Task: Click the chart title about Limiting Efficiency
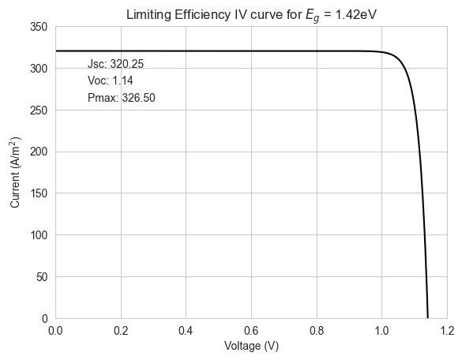tap(251, 15)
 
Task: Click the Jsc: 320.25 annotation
tap(115, 64)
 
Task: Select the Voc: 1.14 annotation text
tap(111, 81)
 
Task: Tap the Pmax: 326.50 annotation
tap(122, 98)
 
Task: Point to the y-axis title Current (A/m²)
tap(15, 172)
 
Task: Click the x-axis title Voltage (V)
tap(251, 346)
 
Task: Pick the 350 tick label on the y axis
tap(39, 27)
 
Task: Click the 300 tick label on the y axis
tap(39, 69)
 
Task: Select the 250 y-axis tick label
tap(39, 111)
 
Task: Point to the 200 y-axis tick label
tap(39, 152)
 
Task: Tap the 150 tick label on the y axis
tap(39, 193)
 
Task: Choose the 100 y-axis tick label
tap(39, 235)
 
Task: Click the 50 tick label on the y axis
tap(42, 277)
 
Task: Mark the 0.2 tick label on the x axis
tap(121, 331)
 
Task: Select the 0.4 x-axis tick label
tap(186, 331)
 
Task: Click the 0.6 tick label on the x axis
tap(251, 331)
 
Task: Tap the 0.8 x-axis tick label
tap(317, 331)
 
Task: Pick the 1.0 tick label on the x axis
tap(382, 331)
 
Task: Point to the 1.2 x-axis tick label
tap(447, 331)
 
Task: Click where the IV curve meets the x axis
tap(428, 318)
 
